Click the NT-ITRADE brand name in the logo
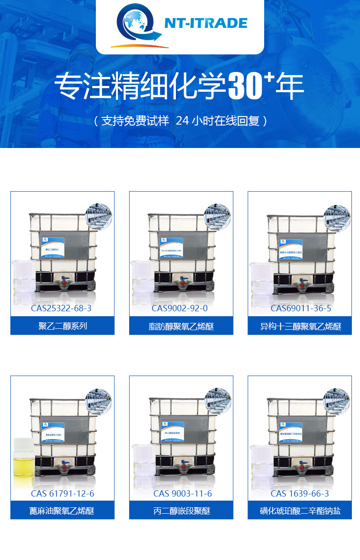206,23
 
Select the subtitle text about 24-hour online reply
180,121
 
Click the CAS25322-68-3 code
61,308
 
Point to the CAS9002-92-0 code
180,308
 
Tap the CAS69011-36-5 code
301,308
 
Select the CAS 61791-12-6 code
63,493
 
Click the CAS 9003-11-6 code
182,493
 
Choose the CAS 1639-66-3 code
300,493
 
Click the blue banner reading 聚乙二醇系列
63,326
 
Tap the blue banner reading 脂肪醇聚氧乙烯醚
181,326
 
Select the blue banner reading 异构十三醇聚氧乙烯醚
300,326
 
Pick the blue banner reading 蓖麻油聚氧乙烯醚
63,511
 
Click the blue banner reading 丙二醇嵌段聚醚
181,511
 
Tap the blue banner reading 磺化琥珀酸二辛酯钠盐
300,511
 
